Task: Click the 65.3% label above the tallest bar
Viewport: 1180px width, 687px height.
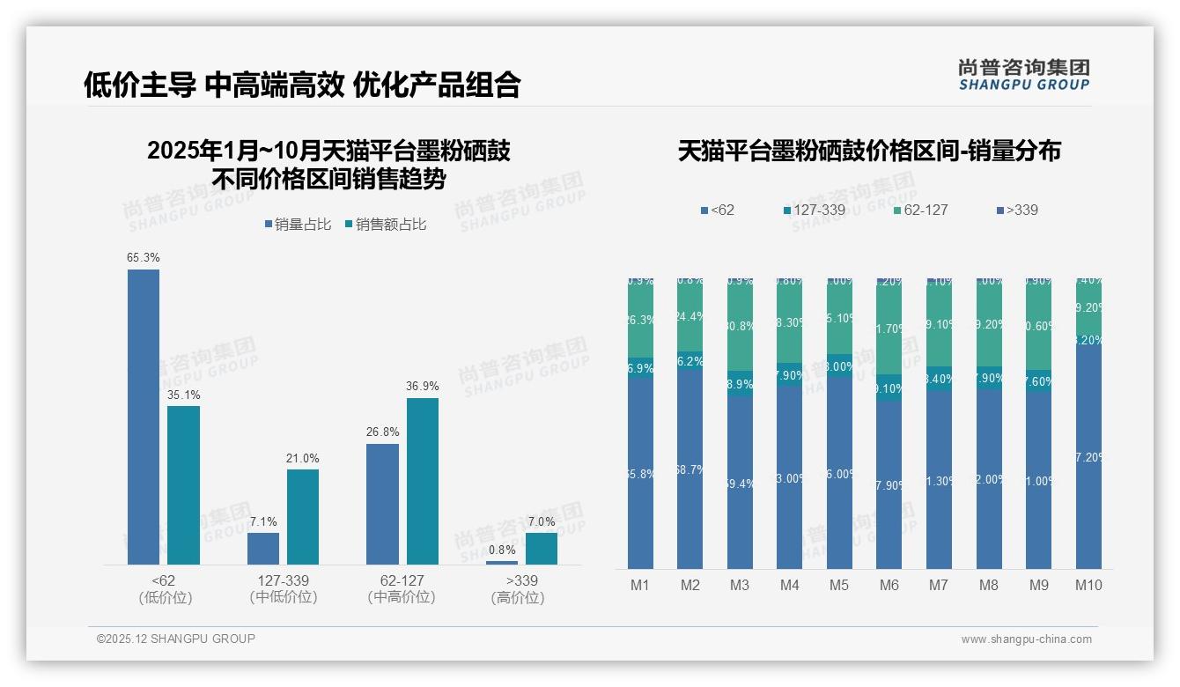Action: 144,258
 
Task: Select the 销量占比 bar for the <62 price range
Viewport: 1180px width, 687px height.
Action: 144,417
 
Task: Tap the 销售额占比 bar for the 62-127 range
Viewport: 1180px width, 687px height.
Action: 422,481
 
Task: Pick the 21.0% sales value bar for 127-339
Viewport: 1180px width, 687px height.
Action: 303,516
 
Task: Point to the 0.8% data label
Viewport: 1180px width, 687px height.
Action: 502,550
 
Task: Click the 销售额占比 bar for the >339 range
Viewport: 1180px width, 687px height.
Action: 542,548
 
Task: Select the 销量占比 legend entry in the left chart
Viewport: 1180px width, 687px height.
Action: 297,225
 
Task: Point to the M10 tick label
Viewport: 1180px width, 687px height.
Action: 1088,585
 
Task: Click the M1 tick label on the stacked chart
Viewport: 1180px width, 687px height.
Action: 640,585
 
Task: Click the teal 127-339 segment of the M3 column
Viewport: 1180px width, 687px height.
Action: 740,385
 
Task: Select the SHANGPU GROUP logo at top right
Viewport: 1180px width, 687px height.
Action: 1023,75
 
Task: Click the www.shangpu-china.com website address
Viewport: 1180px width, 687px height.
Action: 1026,639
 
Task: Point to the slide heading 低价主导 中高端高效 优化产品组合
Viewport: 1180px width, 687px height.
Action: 302,85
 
